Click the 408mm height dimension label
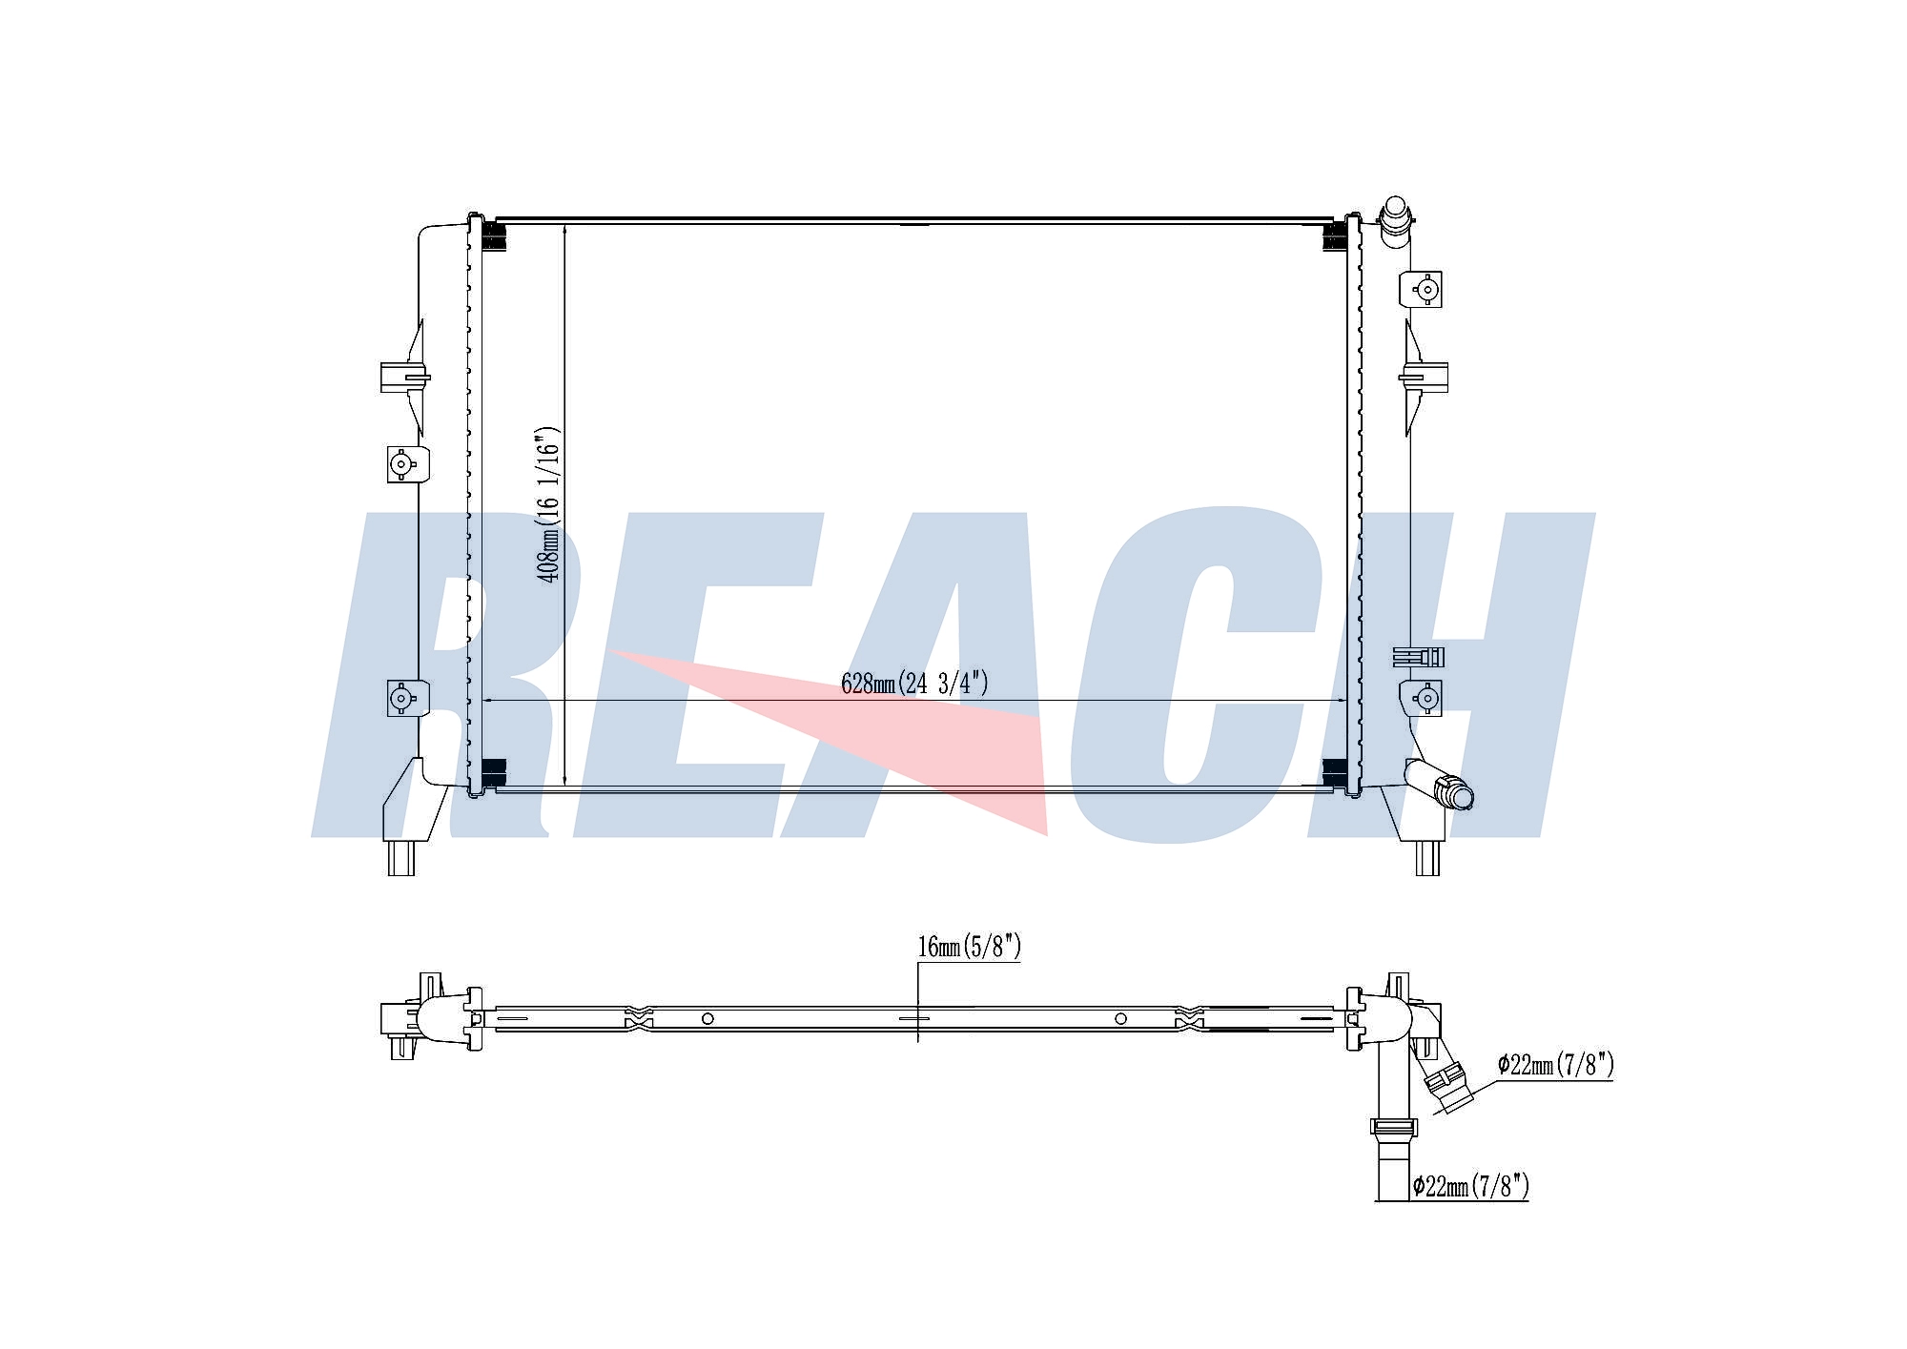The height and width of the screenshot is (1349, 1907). [x=549, y=504]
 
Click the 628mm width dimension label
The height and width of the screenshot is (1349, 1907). [x=914, y=684]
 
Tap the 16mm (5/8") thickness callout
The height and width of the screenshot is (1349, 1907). [x=969, y=947]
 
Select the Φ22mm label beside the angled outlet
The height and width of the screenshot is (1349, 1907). [x=1555, y=1065]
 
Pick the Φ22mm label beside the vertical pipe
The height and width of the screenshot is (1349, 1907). [x=1470, y=1186]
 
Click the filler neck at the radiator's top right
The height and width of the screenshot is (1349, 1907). [x=1396, y=217]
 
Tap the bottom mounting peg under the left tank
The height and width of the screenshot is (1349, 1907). [x=400, y=858]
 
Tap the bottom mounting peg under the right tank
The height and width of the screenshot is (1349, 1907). [x=1426, y=858]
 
